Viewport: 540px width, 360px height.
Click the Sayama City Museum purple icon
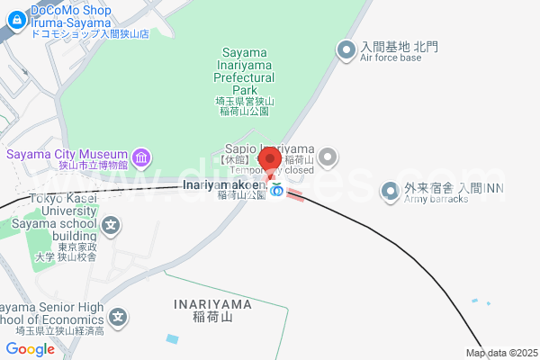141,159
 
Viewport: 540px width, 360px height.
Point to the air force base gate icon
345,51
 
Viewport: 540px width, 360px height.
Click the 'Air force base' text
391,58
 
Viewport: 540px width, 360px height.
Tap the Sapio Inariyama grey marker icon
328,158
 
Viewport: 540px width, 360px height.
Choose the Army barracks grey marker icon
390,191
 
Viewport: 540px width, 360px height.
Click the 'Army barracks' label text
436,199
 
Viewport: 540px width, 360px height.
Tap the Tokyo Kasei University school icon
110,225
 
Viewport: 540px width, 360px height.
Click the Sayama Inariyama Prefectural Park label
245,71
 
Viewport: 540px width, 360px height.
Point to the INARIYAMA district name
214,303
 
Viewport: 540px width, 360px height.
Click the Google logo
30,349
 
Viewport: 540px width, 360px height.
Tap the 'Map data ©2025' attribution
500,353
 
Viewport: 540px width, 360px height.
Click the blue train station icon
277,191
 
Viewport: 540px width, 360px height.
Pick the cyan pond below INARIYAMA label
173,338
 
